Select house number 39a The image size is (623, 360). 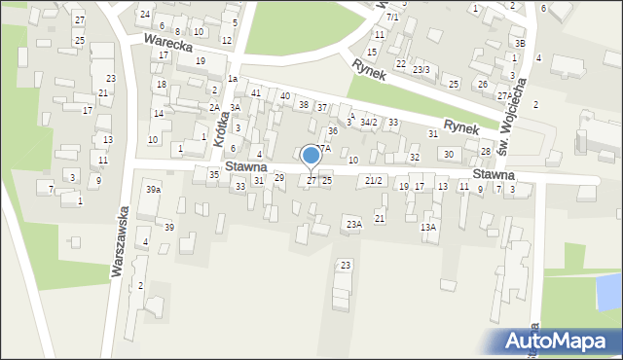(x=153, y=190)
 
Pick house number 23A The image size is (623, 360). (x=353, y=225)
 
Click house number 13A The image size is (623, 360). (x=427, y=227)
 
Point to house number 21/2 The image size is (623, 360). (x=374, y=181)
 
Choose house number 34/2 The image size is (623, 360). (x=368, y=123)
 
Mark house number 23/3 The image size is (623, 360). (x=421, y=69)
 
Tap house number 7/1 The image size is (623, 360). (x=392, y=18)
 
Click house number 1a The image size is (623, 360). (x=232, y=78)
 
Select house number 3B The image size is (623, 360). (x=520, y=43)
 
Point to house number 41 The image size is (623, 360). (x=256, y=93)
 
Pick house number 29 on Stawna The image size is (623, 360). (x=278, y=177)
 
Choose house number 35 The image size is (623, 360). (x=213, y=174)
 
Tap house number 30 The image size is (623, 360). (x=448, y=154)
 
